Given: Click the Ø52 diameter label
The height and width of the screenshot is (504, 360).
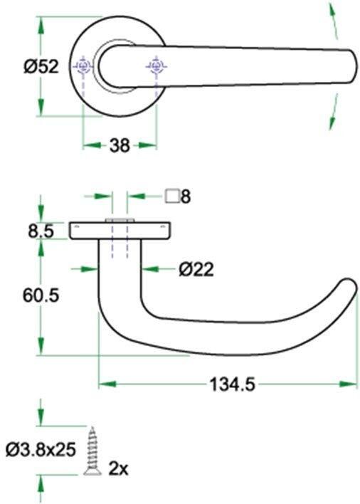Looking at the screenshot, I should (40, 67).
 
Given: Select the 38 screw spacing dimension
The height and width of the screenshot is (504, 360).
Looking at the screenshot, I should (120, 145).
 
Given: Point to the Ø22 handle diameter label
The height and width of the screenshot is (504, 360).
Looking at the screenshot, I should (196, 269).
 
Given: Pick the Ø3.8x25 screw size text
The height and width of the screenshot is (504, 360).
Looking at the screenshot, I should (41, 449).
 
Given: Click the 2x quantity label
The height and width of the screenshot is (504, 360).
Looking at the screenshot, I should (117, 468).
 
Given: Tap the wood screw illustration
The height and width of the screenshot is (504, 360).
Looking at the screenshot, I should (92, 450).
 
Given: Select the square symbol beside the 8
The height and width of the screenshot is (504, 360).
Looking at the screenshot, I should (171, 196).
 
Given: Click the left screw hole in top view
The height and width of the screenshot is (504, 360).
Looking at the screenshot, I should (84, 67).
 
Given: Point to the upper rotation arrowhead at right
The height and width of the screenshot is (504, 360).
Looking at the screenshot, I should (331, 14).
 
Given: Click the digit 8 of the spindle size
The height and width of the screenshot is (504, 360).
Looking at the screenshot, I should (185, 196).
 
